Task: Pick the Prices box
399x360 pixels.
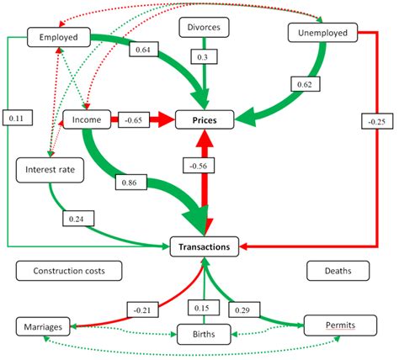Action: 203,121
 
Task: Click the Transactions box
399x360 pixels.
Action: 204,247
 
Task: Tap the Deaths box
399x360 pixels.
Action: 333,271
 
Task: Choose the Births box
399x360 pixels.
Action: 202,335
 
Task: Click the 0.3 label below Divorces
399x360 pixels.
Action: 203,56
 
